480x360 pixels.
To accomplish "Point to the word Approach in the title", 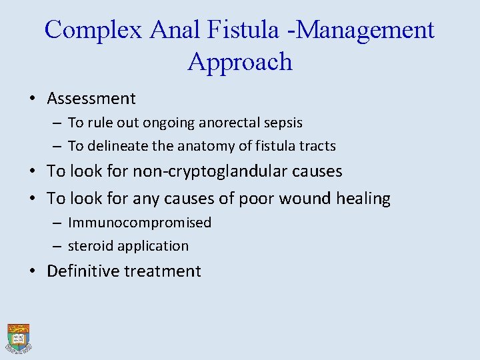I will pos(240,62).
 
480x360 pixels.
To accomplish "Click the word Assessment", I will pos(91,99).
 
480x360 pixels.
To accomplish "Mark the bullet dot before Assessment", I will pos(32,99).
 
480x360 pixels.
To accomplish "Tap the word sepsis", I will pos(285,123).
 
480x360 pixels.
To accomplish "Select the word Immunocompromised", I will pos(139,223).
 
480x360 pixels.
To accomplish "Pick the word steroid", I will pos(91,246).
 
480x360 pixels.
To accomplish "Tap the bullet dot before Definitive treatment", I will pos(32,272).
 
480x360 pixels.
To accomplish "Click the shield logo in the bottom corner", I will pos(19,337).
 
